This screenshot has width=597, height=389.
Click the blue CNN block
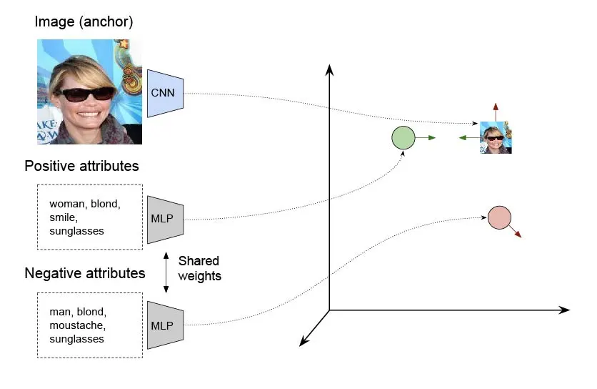pyautogui.click(x=166, y=93)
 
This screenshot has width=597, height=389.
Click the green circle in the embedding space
pyautogui.click(x=403, y=137)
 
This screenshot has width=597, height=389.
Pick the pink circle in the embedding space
pyautogui.click(x=499, y=217)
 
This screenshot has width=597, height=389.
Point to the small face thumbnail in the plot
pyautogui.click(x=496, y=137)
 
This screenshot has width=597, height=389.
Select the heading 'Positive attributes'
pyautogui.click(x=81, y=166)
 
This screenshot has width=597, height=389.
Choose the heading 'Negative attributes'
pyautogui.click(x=84, y=273)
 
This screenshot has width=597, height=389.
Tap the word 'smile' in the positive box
pyautogui.click(x=63, y=217)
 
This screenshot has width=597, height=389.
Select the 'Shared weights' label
pyautogui.click(x=199, y=268)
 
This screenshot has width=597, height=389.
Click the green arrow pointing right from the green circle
pyautogui.click(x=426, y=137)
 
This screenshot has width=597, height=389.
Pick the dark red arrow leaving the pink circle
pyautogui.click(x=516, y=230)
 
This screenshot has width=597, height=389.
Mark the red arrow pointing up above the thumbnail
pyautogui.click(x=496, y=111)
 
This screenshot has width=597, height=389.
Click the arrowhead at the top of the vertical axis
pyautogui.click(x=329, y=69)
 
